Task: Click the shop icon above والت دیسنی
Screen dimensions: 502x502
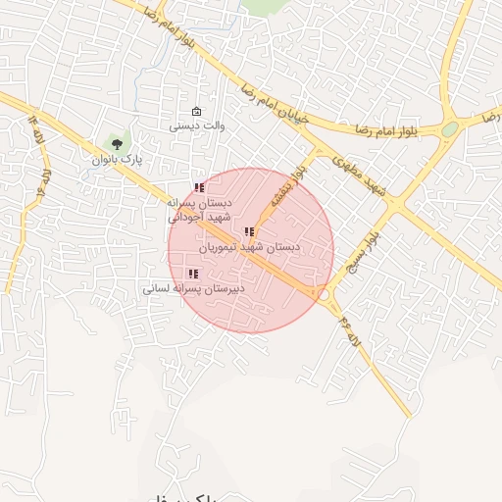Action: (197, 111)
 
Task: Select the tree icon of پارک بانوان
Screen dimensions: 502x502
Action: (117, 144)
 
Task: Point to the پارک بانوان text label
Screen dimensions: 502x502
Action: (118, 159)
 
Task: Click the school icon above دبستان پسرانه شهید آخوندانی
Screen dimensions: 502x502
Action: (199, 187)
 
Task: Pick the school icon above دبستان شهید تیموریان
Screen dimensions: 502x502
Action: (249, 232)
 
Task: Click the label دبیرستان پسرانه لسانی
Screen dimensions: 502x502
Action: (193, 289)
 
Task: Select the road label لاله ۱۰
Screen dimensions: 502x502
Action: (43, 182)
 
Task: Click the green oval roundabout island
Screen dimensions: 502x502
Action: (449, 128)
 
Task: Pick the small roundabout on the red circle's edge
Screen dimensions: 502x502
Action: (323, 292)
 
